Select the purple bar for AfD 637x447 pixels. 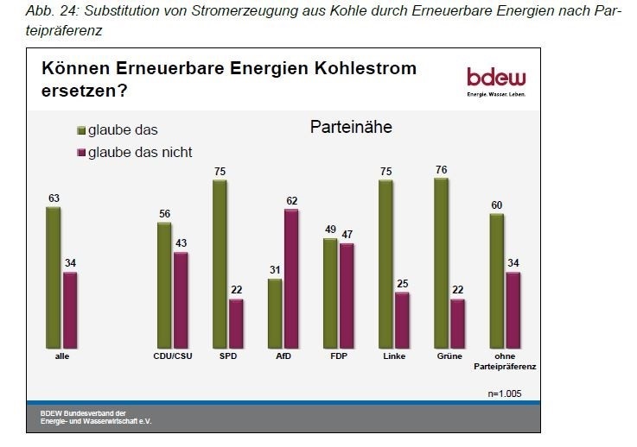[x=291, y=277]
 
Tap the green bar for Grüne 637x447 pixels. [x=441, y=261]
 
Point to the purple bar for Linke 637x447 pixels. [x=402, y=318]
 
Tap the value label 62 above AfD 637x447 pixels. [x=291, y=201]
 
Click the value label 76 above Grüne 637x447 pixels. [x=441, y=170]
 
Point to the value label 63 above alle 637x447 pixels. [x=54, y=198]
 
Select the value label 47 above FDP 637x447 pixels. [x=347, y=234]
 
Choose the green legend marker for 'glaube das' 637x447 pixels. [x=80, y=131]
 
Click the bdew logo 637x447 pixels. [x=497, y=79]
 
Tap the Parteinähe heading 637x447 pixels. [x=351, y=128]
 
